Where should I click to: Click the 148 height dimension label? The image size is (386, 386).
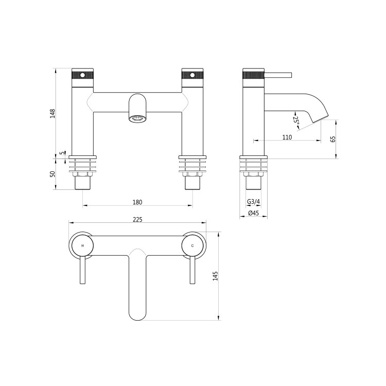coord(52,113)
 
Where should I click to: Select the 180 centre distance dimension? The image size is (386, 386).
coord(137,202)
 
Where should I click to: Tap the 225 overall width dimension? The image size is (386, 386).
coord(137,219)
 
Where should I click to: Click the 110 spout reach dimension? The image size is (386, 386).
coord(287,137)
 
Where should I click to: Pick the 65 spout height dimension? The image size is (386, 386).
coord(333,139)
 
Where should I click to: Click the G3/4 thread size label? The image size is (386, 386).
coord(253,201)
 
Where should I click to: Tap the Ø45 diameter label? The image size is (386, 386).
coord(253,213)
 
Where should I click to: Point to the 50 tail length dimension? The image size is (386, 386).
coord(52,174)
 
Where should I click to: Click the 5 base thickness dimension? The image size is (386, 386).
coord(61,153)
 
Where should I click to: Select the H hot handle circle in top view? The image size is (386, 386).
coord(82,246)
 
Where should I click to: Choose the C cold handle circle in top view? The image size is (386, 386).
coord(192,246)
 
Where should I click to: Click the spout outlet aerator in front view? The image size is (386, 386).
coord(137,118)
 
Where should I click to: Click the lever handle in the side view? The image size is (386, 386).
coord(278,76)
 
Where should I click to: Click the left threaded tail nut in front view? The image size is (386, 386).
coord(83,182)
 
